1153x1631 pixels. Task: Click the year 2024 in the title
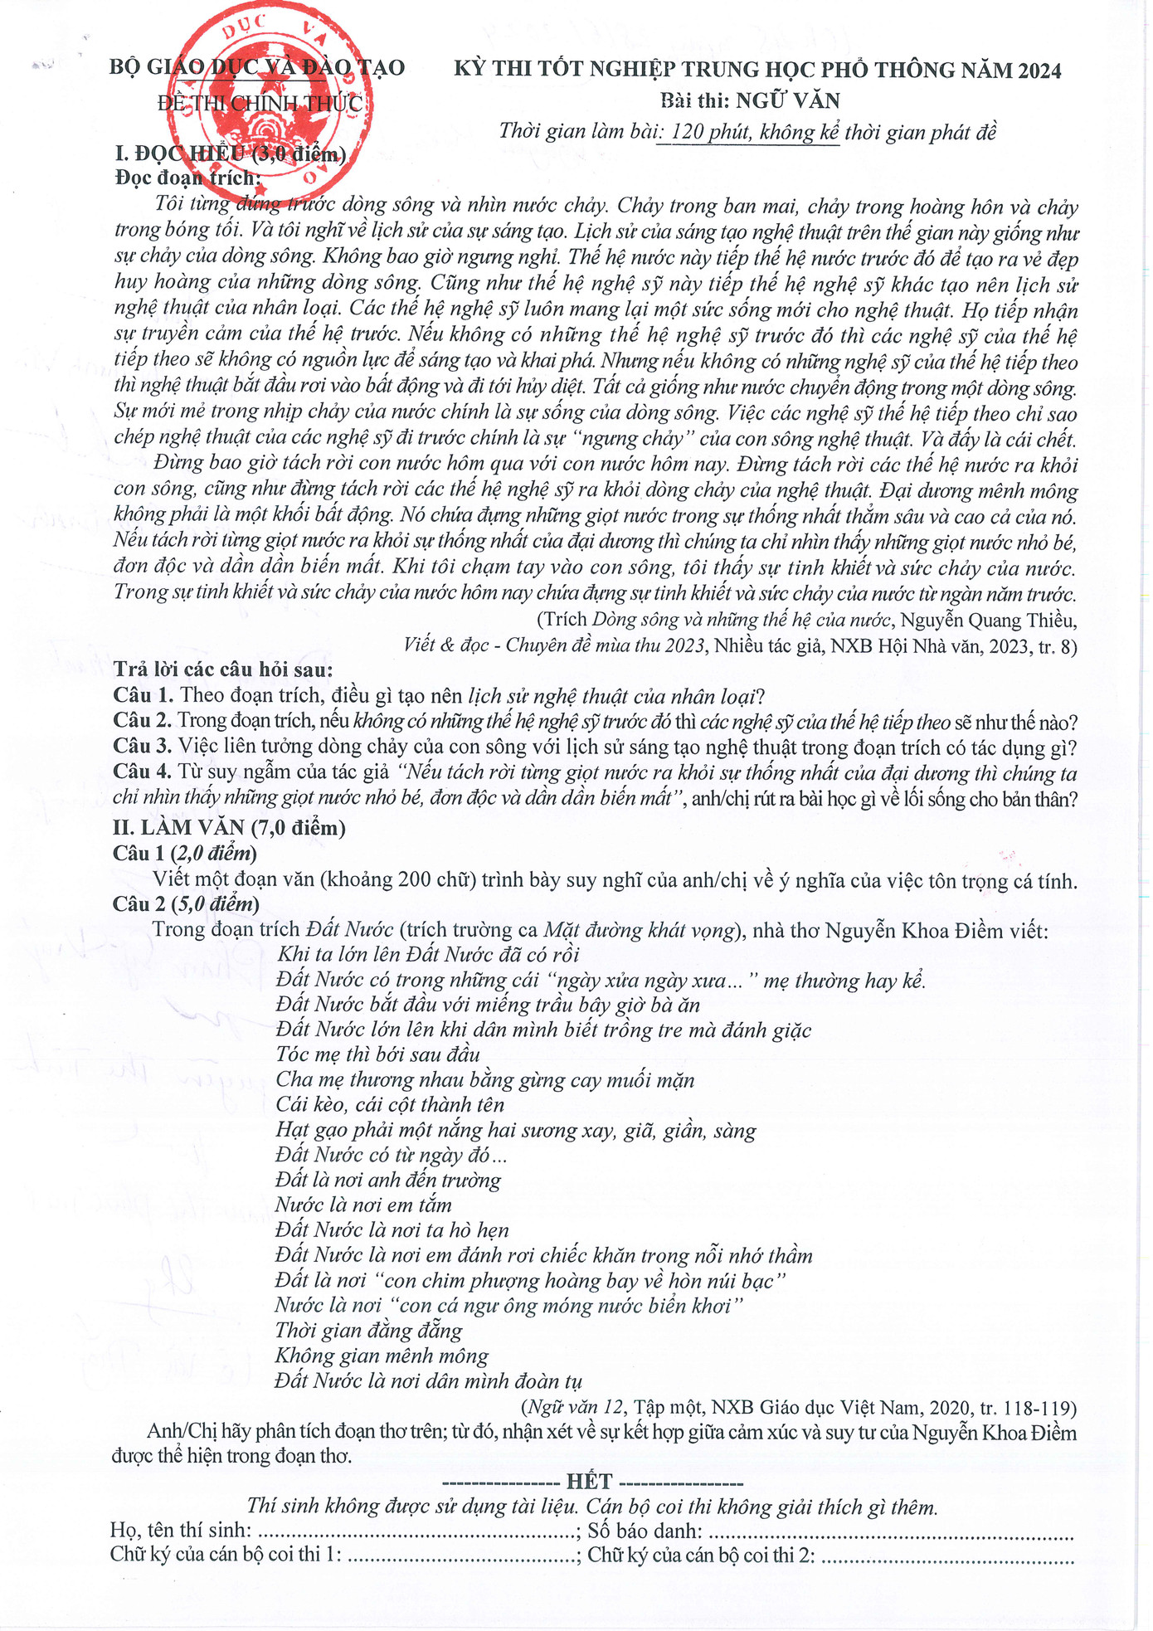click(x=1039, y=71)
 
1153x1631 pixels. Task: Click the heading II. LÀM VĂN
click(x=229, y=827)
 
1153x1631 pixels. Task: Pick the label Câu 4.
click(x=142, y=773)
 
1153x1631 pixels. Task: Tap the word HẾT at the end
click(x=589, y=1483)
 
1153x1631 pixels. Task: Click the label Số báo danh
click(x=645, y=1531)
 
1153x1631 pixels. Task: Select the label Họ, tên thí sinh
click(x=180, y=1531)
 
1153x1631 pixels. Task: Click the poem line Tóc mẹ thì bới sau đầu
click(x=378, y=1054)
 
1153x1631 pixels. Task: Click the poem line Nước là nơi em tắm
click(x=363, y=1205)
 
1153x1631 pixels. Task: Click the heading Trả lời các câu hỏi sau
click(x=223, y=669)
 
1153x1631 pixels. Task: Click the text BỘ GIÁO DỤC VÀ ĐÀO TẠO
click(x=257, y=67)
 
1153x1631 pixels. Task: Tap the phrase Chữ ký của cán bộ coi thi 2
click(x=701, y=1556)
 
